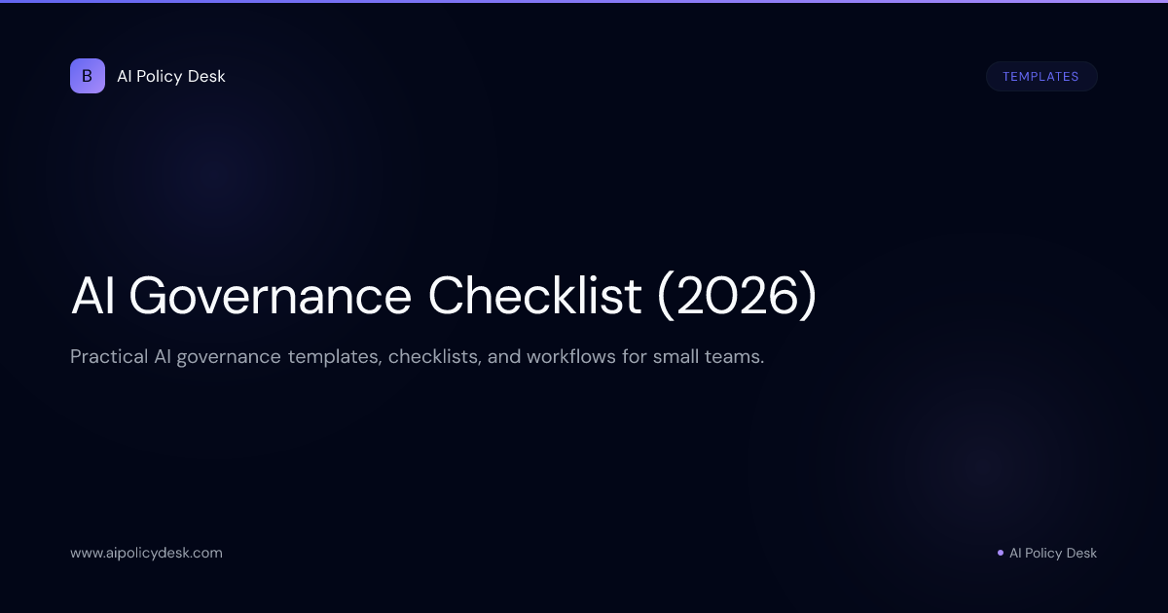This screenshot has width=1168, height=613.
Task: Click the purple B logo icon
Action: click(88, 76)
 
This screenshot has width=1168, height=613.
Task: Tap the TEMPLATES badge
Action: click(1040, 77)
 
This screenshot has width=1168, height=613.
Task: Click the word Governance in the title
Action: click(270, 296)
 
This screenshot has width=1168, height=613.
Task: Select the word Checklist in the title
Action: click(534, 296)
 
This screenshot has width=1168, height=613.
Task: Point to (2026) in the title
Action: click(737, 296)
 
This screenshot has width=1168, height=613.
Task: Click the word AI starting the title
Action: click(92, 296)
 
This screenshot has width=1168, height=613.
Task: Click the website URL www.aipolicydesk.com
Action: click(146, 553)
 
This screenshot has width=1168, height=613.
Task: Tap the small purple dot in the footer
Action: click(1000, 553)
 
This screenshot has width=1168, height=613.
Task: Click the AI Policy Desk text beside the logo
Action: click(171, 76)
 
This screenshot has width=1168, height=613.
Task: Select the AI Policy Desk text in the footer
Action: click(1052, 553)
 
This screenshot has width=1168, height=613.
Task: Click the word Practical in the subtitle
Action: click(108, 357)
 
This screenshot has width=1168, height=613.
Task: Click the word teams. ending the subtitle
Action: click(737, 357)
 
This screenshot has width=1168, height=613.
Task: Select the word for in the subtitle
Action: click(635, 357)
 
